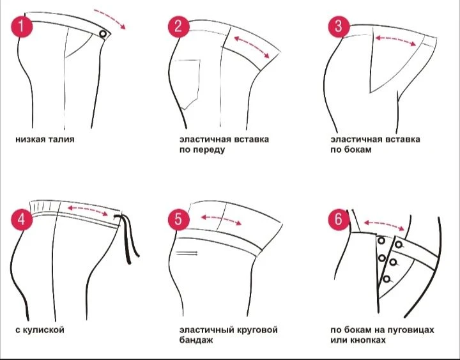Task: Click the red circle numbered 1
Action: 22,27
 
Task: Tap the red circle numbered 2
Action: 179,27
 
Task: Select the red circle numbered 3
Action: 339,27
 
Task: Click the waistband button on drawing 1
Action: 103,34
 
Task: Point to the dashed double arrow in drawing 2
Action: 252,47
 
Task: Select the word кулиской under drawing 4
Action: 43,330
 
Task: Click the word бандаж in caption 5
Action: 196,340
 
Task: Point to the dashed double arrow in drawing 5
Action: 221,219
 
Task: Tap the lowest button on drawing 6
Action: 387,279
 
